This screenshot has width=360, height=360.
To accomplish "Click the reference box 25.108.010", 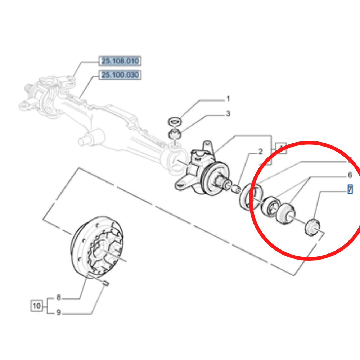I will click(x=120, y=61).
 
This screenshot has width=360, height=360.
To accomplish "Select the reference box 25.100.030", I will click(x=120, y=75).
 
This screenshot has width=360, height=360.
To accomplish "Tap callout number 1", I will click(x=228, y=99).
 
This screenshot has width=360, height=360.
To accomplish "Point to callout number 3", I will click(x=228, y=114).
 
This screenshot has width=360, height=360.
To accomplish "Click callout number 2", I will click(x=260, y=152).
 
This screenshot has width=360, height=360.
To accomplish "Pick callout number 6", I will click(x=349, y=175).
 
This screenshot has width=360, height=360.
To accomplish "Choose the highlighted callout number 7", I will click(x=350, y=189).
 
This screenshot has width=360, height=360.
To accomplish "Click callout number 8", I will click(x=58, y=298).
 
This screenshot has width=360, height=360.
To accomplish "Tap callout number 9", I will click(x=58, y=312).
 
